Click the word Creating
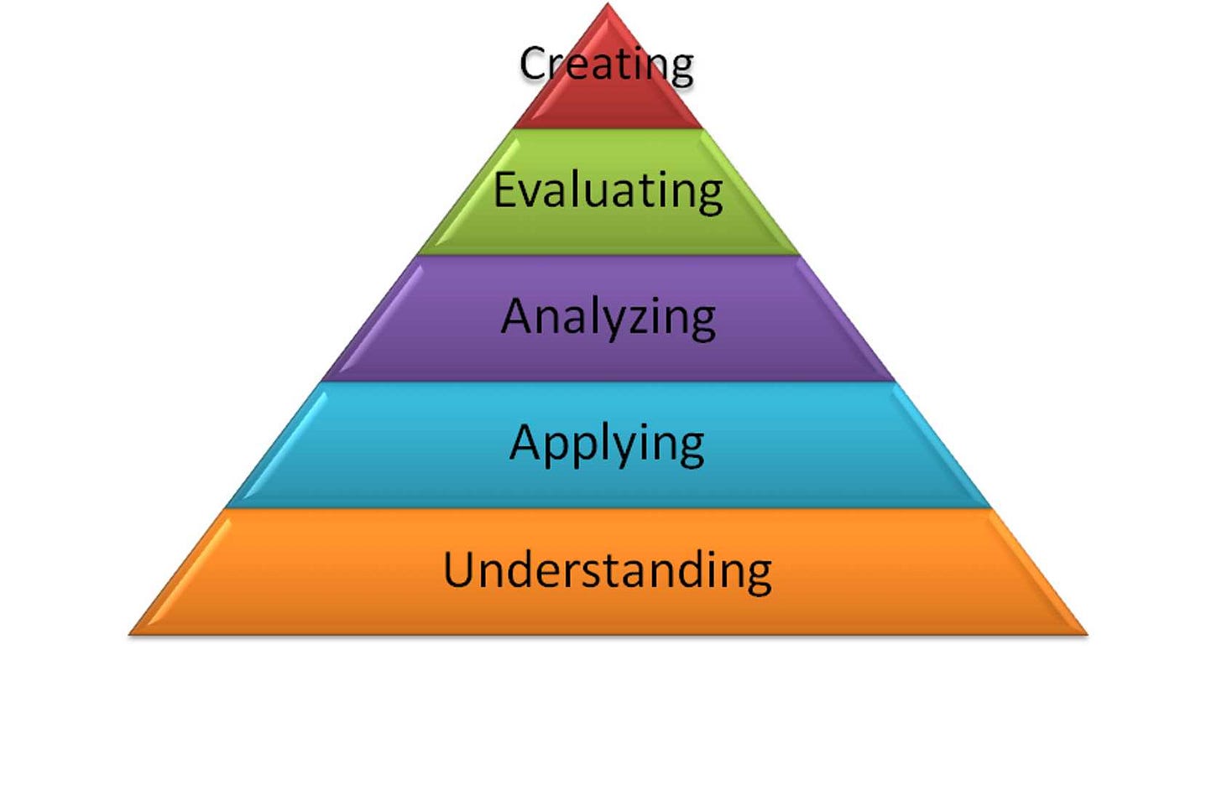tap(607, 64)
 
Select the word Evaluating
tap(608, 190)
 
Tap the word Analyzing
tap(608, 317)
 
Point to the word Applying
tap(607, 444)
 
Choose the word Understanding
tap(608, 570)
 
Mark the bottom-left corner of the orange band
tap(130, 634)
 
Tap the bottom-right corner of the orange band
tap(1086, 634)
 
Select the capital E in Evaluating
tap(505, 189)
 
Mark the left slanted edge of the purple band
tap(370, 319)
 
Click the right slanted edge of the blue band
tap(943, 444)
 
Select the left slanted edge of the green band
tap(467, 191)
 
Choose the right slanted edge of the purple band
tap(847, 319)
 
